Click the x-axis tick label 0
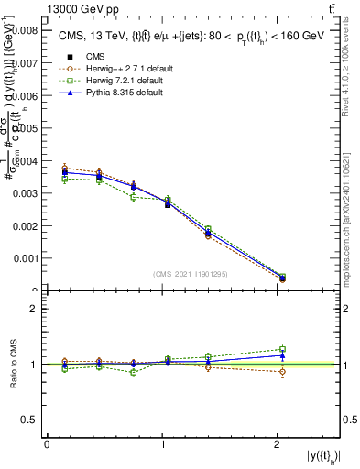click(x=47, y=444)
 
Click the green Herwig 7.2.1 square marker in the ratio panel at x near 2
click(x=282, y=348)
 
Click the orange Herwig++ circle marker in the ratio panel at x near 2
click(x=282, y=371)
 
